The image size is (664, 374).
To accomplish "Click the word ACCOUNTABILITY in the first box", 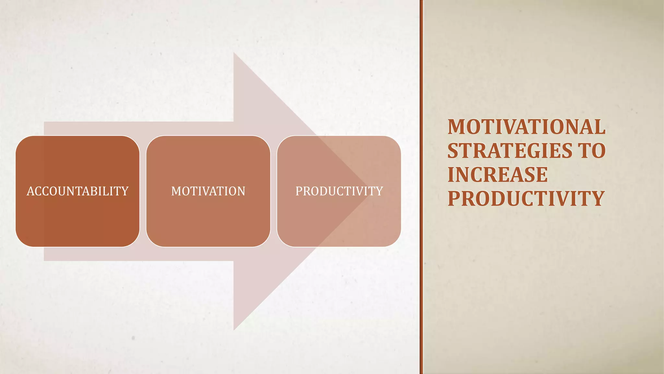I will [x=77, y=191].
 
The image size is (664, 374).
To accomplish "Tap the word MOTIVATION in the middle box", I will [x=208, y=191].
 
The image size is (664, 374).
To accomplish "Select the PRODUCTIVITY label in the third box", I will [x=339, y=191].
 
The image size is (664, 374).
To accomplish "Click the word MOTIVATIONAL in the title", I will [x=526, y=127].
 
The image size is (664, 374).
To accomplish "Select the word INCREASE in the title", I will [x=498, y=175].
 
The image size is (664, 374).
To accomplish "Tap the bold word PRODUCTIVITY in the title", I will [x=526, y=199].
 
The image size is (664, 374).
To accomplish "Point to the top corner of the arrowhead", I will [x=234, y=54].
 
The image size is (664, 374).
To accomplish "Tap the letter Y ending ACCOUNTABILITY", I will [x=125, y=191].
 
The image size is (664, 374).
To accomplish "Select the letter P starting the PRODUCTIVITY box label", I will [x=299, y=191].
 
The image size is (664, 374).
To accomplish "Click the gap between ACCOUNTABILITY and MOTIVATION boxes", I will [x=143, y=191].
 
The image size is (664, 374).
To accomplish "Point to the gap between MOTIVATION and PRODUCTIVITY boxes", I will [x=274, y=191].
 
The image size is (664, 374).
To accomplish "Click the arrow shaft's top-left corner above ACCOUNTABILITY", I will [x=45, y=123].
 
